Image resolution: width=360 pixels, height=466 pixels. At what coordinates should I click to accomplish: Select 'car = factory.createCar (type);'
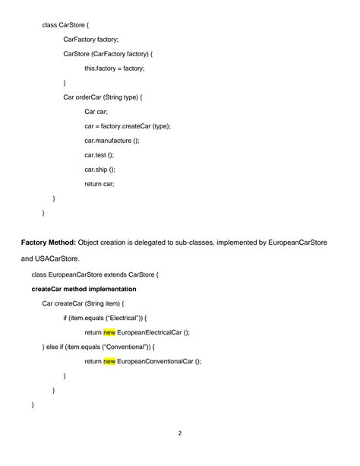pyautogui.click(x=128, y=126)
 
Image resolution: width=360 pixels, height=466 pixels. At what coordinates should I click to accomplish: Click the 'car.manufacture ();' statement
pyautogui.click(x=112, y=141)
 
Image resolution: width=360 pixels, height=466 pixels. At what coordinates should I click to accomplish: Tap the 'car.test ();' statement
pyautogui.click(x=99, y=155)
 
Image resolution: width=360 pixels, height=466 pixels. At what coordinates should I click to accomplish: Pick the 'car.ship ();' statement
pyautogui.click(x=99, y=170)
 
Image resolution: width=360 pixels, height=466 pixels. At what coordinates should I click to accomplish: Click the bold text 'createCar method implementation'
pyautogui.click(x=84, y=289)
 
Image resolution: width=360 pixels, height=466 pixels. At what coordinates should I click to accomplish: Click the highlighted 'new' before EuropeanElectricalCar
pyautogui.click(x=109, y=332)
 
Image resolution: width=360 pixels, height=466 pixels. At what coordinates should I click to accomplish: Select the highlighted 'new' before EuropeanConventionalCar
pyautogui.click(x=109, y=361)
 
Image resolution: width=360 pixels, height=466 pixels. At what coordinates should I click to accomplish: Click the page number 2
pyautogui.click(x=180, y=434)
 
